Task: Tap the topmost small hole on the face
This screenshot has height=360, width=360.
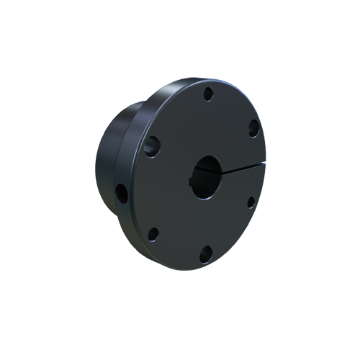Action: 207,93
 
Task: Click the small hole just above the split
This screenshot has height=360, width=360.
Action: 253,128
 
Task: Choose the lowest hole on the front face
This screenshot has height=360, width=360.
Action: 205,252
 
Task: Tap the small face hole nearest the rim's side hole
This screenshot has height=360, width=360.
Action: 153,233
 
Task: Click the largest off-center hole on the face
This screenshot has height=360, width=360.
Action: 153,146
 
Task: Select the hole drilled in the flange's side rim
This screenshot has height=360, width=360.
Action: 122,192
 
